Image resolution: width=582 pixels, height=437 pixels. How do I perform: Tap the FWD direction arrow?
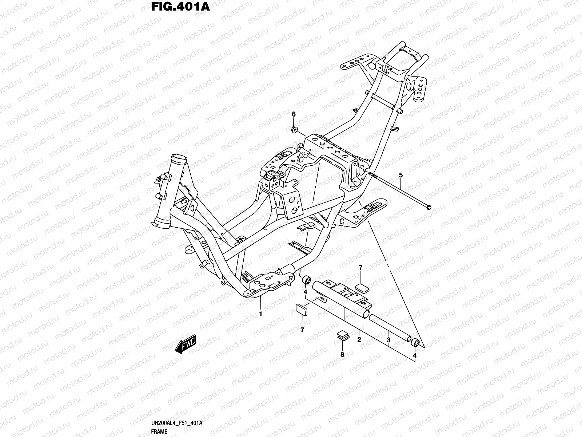[x=186, y=344]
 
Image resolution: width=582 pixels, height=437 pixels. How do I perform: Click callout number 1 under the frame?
[x=260, y=314]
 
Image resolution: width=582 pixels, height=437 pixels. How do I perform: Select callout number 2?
[x=359, y=340]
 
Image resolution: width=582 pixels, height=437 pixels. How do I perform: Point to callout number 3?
[x=388, y=340]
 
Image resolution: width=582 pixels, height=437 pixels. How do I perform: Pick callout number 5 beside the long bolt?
[x=401, y=176]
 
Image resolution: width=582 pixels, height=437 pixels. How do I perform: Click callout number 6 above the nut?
[x=294, y=114]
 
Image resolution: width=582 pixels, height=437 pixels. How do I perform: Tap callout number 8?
[x=342, y=354]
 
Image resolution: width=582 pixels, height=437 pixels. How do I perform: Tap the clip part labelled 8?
[x=341, y=334]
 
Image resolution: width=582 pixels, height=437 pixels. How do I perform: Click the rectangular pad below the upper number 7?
[x=361, y=287]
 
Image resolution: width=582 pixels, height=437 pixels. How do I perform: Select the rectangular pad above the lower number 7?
[x=301, y=309]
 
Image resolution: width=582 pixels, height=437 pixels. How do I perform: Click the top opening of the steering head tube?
[x=178, y=160]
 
